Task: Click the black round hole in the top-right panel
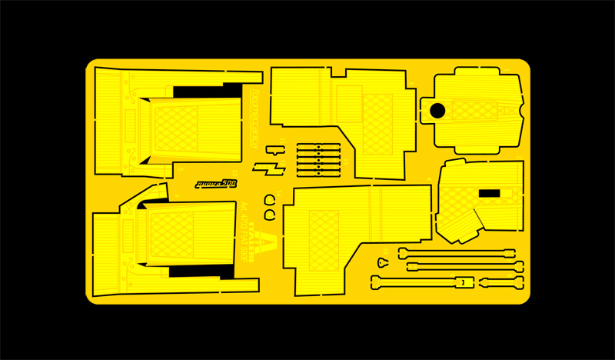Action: point(437,111)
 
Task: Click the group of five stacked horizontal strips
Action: point(318,158)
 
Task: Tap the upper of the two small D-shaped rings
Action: point(271,199)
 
